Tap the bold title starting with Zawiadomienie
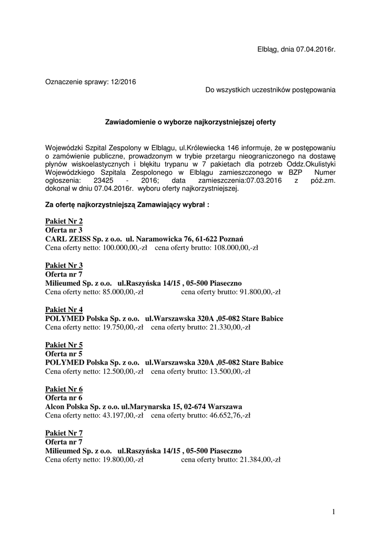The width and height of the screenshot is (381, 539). (x=190, y=122)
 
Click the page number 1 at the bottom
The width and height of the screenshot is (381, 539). (x=334, y=511)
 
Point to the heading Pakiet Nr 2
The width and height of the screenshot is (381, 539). (x=64, y=222)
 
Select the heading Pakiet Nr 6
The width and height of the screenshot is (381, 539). (x=64, y=389)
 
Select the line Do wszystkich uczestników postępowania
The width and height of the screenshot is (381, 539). (x=270, y=90)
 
